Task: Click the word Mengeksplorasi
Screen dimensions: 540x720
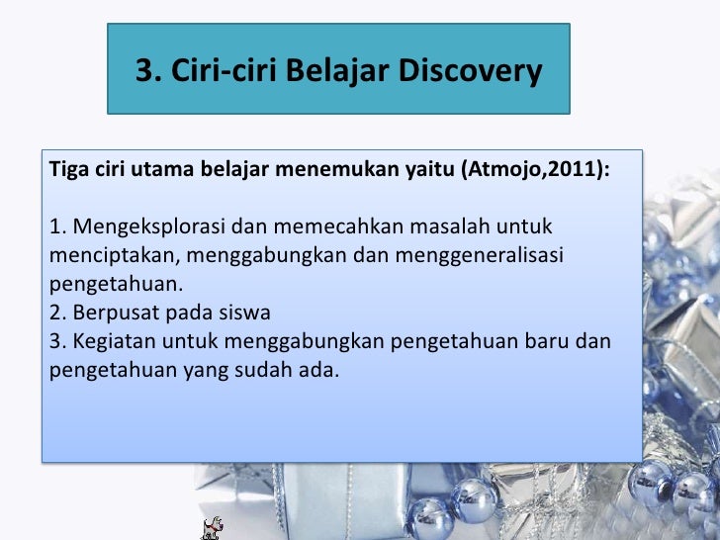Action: coord(138,228)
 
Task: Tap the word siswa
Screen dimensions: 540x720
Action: coord(247,314)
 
